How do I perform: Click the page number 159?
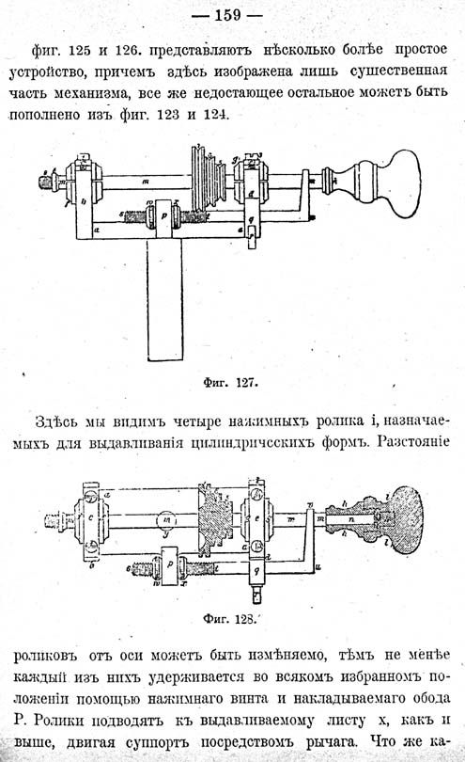click(227, 16)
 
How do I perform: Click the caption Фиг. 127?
click(230, 383)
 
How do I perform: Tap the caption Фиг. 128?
click(229, 619)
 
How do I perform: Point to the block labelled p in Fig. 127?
click(164, 218)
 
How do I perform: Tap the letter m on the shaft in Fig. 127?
click(146, 182)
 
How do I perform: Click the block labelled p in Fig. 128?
click(169, 565)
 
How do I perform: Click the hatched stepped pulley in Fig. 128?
click(213, 519)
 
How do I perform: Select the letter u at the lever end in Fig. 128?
click(318, 566)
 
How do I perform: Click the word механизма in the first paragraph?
click(92, 92)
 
